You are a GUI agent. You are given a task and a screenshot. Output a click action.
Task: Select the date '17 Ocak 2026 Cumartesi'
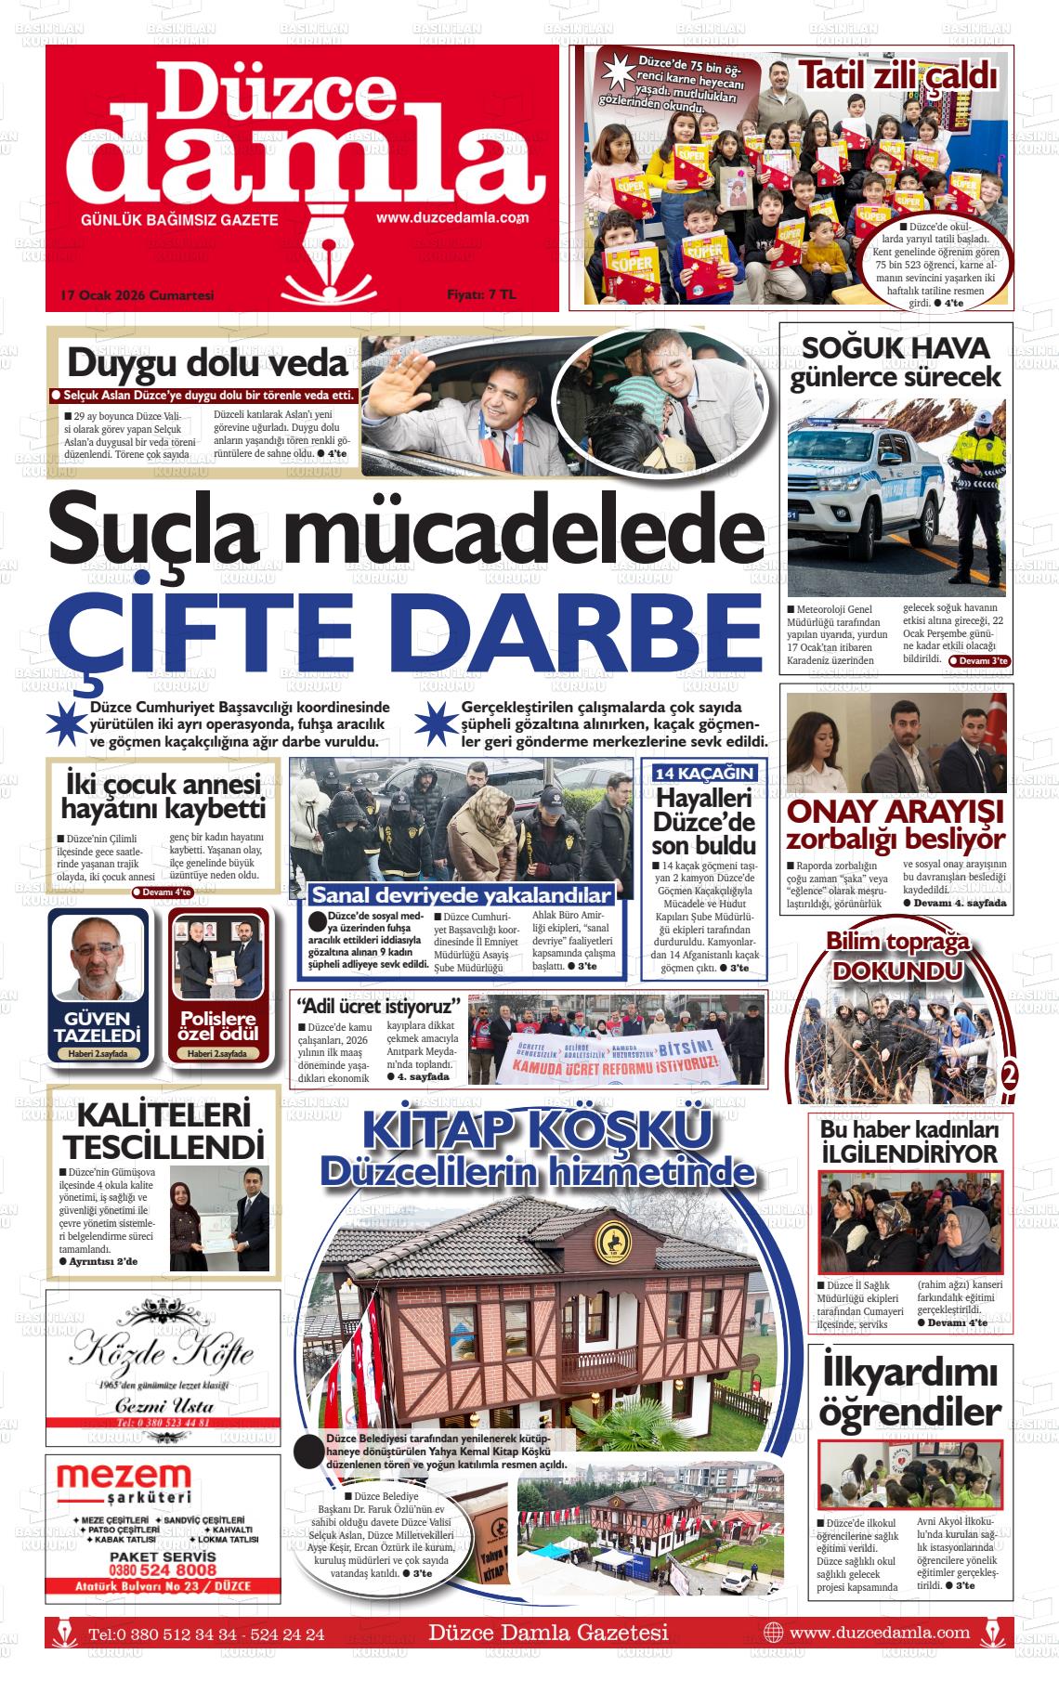tap(137, 294)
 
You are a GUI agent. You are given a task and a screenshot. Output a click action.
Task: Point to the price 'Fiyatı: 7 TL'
tap(480, 294)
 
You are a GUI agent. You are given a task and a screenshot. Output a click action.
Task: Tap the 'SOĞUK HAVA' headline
tap(896, 348)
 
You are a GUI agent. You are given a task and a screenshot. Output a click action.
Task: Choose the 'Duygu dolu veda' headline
tap(207, 363)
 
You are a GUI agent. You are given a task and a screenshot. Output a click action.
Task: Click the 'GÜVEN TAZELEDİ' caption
tap(97, 1026)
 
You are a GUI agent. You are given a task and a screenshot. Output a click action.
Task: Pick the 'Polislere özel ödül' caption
tap(218, 1026)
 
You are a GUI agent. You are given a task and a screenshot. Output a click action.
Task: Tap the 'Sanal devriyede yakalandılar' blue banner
tap(462, 895)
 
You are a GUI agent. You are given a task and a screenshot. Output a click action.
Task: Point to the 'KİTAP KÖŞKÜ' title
tap(538, 1131)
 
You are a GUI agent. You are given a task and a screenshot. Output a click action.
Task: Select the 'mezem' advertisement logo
tap(124, 1477)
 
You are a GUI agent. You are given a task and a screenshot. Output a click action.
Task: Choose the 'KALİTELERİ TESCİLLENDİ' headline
tap(164, 1129)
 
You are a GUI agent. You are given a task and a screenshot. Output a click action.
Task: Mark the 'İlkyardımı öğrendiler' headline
tap(909, 1391)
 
